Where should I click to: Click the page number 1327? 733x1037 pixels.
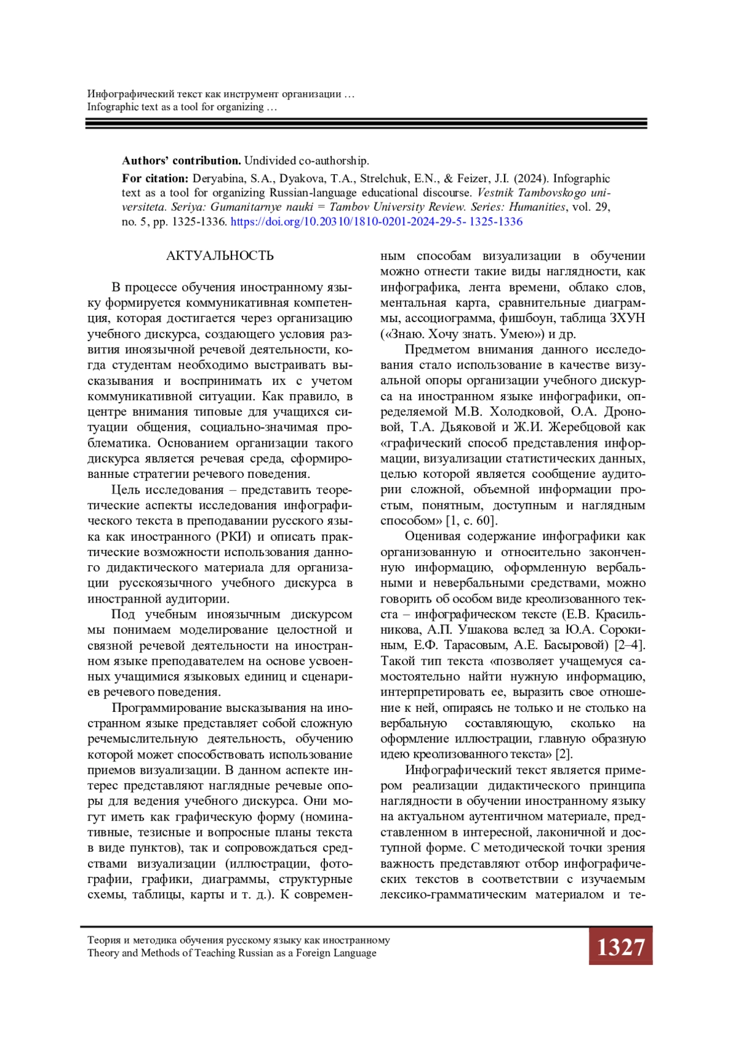[x=620, y=947]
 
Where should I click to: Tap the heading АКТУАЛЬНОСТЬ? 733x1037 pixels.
[x=220, y=256]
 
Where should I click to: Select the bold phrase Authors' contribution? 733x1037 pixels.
[x=181, y=161]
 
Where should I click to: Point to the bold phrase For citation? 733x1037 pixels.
[x=155, y=178]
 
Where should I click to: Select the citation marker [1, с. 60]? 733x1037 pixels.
[x=472, y=521]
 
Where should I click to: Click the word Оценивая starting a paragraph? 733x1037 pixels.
[x=432, y=537]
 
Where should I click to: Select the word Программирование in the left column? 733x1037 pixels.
[x=168, y=708]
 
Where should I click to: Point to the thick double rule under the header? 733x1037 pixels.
[x=366, y=123]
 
